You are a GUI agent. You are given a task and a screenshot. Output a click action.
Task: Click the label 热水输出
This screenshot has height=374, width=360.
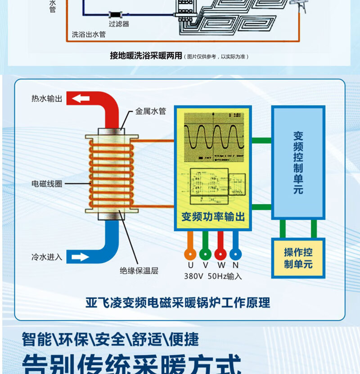coord(47,98)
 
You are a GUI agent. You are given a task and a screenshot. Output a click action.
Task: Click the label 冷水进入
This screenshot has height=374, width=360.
coord(47,257)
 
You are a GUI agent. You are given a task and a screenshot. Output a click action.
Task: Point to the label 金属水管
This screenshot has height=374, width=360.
coord(151,111)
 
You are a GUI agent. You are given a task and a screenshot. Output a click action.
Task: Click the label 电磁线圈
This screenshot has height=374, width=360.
coord(47,184)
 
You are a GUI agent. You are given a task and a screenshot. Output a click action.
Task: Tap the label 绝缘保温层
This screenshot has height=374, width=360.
coord(139,271)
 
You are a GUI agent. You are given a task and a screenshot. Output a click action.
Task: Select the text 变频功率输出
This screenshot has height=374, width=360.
coord(213,217)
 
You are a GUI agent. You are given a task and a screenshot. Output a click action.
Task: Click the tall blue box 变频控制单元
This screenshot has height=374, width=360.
coord(298,163)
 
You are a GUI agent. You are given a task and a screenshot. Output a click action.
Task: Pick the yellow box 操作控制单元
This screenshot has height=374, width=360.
coord(298,258)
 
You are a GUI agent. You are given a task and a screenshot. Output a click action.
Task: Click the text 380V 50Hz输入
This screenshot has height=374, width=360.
coord(213,276)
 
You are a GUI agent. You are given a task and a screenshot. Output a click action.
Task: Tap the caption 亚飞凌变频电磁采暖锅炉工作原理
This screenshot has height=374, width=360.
coord(178,302)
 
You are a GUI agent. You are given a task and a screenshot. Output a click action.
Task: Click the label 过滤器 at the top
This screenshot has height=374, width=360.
coord(119,24)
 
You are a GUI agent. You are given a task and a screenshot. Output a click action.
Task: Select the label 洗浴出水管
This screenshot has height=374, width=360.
coord(89,34)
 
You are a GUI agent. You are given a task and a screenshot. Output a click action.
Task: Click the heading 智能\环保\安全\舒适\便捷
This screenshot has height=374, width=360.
coord(110,339)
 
